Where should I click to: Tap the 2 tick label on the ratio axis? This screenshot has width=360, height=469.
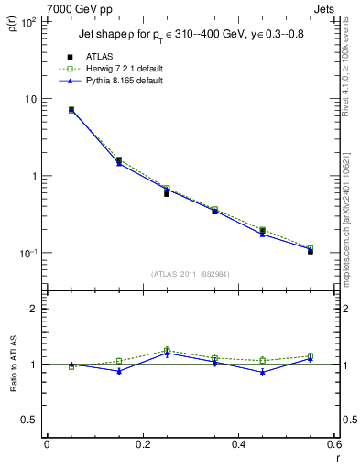(33, 310)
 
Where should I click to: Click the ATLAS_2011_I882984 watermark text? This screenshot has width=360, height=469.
(190, 274)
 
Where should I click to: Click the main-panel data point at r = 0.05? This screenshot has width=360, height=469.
(71, 110)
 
